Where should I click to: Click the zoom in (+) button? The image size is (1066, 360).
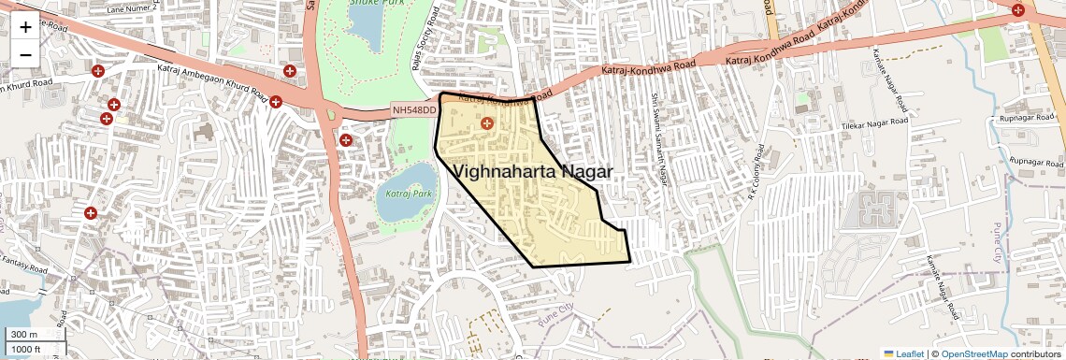pyautogui.click(x=25, y=26)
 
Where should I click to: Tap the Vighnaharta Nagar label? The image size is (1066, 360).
pyautogui.click(x=534, y=172)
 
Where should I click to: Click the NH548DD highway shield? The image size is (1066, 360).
pyautogui.click(x=414, y=111)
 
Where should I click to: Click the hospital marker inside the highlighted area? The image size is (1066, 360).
pyautogui.click(x=486, y=122)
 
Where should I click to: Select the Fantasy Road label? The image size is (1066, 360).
pyautogui.click(x=24, y=268)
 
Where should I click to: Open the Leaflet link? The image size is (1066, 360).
pyautogui.click(x=903, y=353)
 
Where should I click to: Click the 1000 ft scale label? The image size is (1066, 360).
pyautogui.click(x=25, y=349)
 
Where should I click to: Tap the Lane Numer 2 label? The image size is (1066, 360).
pyautogui.click(x=133, y=8)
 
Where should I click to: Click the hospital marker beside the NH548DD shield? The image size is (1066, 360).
pyautogui.click(x=346, y=140)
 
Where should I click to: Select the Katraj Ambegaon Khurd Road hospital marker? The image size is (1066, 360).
pyautogui.click(x=276, y=101)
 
